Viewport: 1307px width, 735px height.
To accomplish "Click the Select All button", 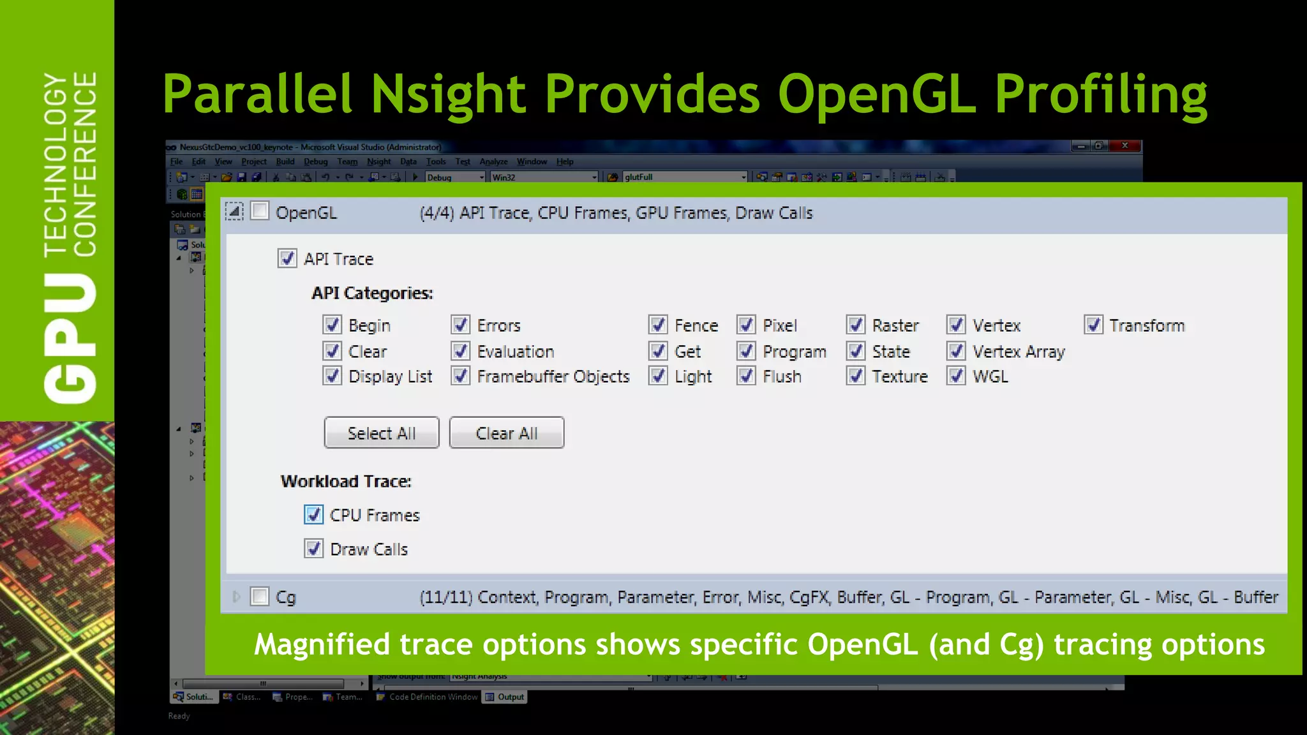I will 381,433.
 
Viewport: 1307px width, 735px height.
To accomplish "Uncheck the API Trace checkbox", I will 287,258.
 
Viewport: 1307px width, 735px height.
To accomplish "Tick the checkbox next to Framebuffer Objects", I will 461,376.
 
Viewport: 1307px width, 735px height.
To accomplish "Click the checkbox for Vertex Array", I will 956,351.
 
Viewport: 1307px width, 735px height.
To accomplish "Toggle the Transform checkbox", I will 1093,325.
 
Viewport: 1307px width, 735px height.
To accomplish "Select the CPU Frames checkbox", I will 313,515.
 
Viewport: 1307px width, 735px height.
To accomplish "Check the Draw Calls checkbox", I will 313,549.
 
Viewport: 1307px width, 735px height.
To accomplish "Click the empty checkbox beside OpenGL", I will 260,211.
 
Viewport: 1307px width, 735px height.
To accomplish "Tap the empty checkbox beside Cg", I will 260,597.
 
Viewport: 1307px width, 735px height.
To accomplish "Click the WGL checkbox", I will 956,376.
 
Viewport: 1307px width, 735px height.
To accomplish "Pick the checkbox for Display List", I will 332,376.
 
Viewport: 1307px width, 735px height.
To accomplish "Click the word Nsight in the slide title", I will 448,94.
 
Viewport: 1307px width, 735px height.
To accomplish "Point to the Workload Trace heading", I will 346,481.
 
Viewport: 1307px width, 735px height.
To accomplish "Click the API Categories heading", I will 372,293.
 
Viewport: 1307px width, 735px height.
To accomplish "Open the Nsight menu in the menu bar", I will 378,161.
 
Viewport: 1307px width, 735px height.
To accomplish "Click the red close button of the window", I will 1125,145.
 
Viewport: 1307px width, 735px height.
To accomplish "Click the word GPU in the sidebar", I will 70,338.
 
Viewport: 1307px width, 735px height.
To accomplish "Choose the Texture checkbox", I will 856,376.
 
